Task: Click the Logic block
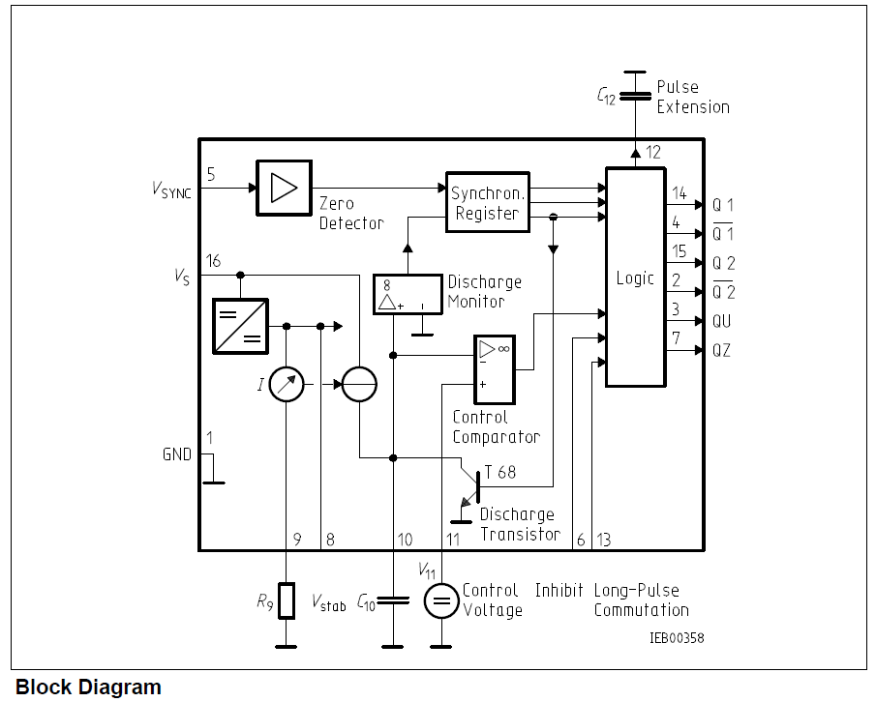pyautogui.click(x=635, y=278)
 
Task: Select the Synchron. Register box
pyautogui.click(x=487, y=202)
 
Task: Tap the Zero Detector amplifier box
pyautogui.click(x=284, y=188)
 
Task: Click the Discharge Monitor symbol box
pyautogui.click(x=406, y=294)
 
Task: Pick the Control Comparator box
pyautogui.click(x=495, y=369)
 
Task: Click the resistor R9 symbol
pyautogui.click(x=287, y=600)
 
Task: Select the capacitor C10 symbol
pyautogui.click(x=393, y=600)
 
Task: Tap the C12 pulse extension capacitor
pyautogui.click(x=634, y=95)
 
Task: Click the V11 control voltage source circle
pyautogui.click(x=441, y=601)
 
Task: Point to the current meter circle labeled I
pyautogui.click(x=287, y=385)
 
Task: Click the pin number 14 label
pyautogui.click(x=679, y=194)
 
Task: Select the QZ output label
pyautogui.click(x=721, y=351)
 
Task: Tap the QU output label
pyautogui.click(x=721, y=321)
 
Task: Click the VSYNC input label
pyautogui.click(x=171, y=190)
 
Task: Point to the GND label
pyautogui.click(x=176, y=453)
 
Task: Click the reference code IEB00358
pyautogui.click(x=677, y=638)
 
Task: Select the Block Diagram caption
pyautogui.click(x=88, y=687)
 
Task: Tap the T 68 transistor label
pyautogui.click(x=500, y=473)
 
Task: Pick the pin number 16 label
pyautogui.click(x=214, y=261)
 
